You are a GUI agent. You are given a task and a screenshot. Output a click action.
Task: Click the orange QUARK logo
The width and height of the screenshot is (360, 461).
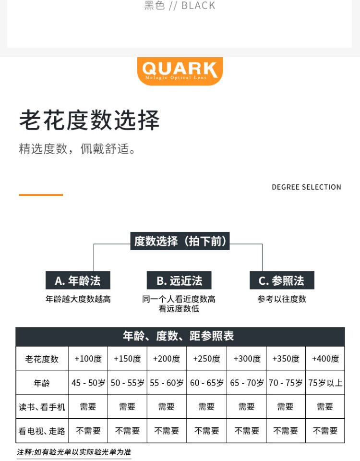tap(180, 71)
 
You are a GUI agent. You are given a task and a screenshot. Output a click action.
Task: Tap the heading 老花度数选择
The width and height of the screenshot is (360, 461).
tap(89, 120)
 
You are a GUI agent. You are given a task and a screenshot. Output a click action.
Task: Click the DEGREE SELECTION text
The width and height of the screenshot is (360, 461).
tap(306, 187)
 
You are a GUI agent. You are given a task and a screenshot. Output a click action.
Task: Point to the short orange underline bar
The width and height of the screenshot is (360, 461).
tap(41, 194)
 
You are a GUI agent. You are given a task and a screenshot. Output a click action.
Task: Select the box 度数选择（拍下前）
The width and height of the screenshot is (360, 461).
tap(180, 241)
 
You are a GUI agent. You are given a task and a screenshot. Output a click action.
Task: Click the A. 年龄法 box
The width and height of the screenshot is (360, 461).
tap(78, 280)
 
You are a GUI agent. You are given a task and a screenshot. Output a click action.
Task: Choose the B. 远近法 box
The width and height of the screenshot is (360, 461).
tap(179, 280)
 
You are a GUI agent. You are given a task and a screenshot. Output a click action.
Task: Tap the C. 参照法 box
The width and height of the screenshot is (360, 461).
tap(282, 280)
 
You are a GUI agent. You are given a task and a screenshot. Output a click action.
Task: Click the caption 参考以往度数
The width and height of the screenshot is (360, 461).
tap(282, 299)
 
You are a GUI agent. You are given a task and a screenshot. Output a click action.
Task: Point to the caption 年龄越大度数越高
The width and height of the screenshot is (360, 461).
tap(78, 299)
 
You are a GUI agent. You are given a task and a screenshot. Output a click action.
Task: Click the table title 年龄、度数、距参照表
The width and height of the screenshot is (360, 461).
tap(180, 336)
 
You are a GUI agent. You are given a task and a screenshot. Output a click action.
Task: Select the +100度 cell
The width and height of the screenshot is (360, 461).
tap(88, 359)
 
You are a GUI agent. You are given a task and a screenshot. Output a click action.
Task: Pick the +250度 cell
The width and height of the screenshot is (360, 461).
tap(206, 359)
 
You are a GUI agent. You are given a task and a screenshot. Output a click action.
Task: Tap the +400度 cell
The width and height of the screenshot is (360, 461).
tap(325, 359)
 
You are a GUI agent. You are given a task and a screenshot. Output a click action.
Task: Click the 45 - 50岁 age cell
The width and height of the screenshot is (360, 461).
tap(88, 383)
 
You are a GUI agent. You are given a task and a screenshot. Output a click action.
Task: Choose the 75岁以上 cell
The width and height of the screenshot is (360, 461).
tap(325, 383)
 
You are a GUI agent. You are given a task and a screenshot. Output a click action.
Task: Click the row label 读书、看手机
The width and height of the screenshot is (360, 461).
tap(42, 407)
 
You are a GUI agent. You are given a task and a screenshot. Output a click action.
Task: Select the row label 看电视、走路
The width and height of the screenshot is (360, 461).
tap(42, 431)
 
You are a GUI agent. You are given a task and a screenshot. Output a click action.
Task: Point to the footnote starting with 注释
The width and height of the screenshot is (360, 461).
tap(74, 452)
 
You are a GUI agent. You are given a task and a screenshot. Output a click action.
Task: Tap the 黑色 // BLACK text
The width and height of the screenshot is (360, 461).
tap(180, 6)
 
